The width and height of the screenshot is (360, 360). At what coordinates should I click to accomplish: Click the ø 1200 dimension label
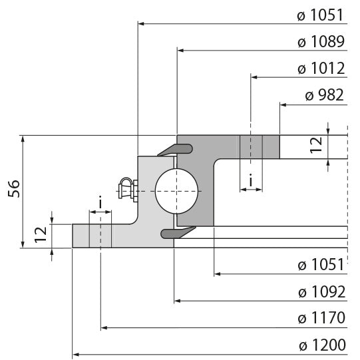click(x=321, y=345)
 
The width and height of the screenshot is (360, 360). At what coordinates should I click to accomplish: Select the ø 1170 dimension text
click(x=321, y=318)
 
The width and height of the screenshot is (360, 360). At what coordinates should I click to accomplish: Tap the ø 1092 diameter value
click(x=321, y=291)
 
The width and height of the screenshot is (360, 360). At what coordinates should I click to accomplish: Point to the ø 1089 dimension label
click(x=321, y=42)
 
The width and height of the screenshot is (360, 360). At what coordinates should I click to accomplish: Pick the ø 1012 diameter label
click(x=321, y=69)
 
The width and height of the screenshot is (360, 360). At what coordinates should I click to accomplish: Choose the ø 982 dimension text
click(x=324, y=95)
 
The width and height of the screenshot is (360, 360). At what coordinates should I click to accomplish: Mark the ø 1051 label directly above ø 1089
click(x=321, y=15)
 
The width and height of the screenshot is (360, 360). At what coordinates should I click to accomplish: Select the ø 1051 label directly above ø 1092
click(x=321, y=265)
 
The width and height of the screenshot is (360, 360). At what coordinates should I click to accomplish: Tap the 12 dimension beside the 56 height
click(x=41, y=234)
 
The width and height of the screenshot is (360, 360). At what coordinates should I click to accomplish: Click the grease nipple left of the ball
click(x=126, y=190)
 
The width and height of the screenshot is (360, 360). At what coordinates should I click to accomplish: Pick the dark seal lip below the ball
click(x=177, y=232)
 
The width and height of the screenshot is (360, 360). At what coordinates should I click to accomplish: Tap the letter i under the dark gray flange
click(x=250, y=180)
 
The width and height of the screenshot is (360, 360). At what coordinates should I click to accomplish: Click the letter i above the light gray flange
click(x=100, y=202)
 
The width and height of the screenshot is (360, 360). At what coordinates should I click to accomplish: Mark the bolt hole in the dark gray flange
click(x=251, y=146)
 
